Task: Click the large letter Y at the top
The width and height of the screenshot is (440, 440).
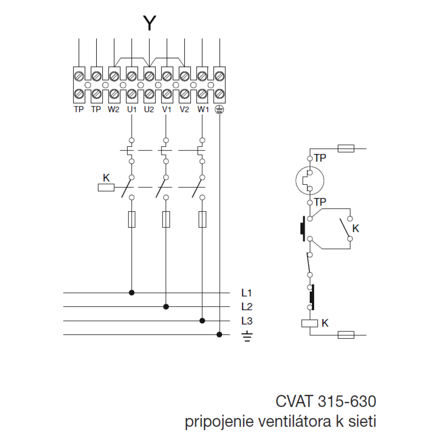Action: click(150, 23)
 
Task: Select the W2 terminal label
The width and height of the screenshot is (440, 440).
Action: click(114, 110)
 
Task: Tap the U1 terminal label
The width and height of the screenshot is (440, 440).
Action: click(132, 110)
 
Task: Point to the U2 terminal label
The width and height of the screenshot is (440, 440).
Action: click(149, 110)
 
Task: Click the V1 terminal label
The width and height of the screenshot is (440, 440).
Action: click(166, 110)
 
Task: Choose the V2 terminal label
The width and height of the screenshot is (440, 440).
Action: click(184, 110)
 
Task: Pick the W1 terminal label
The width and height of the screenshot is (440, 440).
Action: click(202, 110)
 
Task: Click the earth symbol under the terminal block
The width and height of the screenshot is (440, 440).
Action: click(219, 110)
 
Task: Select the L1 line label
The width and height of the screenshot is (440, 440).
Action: click(246, 292)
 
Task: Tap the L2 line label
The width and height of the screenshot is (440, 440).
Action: click(246, 306)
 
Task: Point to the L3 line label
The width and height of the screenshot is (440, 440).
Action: click(246, 320)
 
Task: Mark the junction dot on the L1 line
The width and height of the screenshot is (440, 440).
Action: click(131, 292)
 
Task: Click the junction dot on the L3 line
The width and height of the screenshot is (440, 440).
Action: click(202, 321)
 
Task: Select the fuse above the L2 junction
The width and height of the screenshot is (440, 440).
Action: click(166, 219)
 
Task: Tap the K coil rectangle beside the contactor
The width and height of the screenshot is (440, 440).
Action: click(106, 188)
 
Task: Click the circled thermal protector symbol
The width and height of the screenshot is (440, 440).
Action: click(310, 180)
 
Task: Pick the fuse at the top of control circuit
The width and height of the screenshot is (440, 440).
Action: click(346, 148)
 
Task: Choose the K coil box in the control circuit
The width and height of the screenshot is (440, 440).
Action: click(310, 323)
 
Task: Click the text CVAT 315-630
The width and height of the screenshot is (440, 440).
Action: click(326, 402)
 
